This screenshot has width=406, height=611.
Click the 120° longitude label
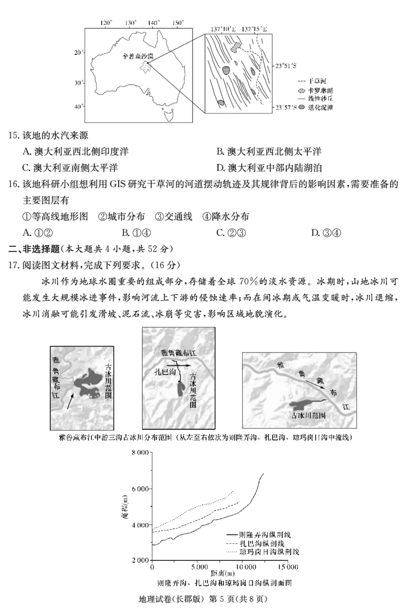tap(106, 23)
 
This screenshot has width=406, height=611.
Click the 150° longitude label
tap(178, 23)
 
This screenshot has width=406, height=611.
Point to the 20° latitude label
tap(78, 53)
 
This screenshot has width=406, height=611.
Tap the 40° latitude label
tap(78, 106)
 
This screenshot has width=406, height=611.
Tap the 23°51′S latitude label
tap(286, 65)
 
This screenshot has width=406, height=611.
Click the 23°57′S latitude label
tap(286, 107)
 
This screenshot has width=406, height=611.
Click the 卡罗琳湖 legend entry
tap(316, 89)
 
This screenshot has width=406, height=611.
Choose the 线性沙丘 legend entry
tap(316, 98)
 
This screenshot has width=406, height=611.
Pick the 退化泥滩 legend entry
tap(316, 107)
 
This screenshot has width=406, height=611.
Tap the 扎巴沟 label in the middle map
tap(165, 372)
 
